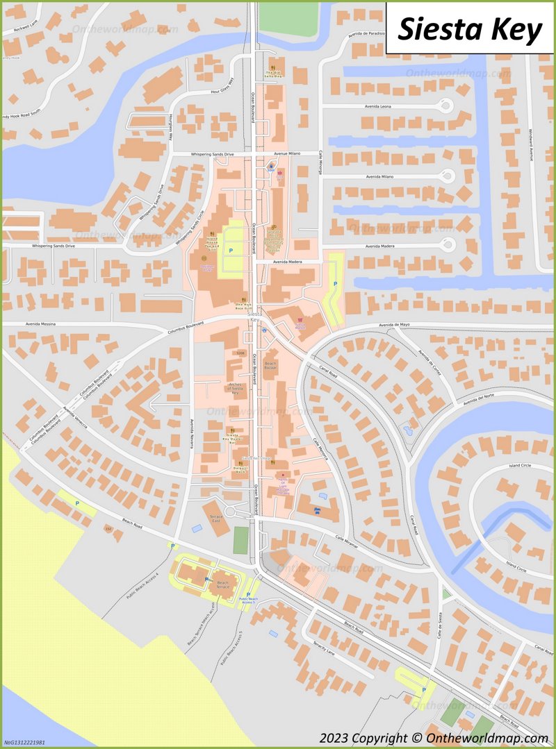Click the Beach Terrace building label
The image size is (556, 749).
222,584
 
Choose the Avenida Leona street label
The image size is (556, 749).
378,106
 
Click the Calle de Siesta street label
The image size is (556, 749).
440,624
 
